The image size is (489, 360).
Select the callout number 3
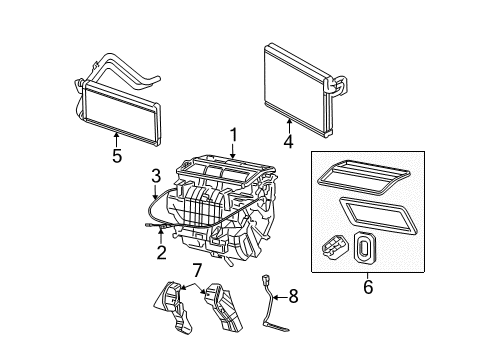point(154,177)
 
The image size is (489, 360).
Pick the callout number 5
point(118,156)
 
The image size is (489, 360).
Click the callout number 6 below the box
point(368,287)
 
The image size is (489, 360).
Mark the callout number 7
point(197,271)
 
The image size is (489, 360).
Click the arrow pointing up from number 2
point(159,238)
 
